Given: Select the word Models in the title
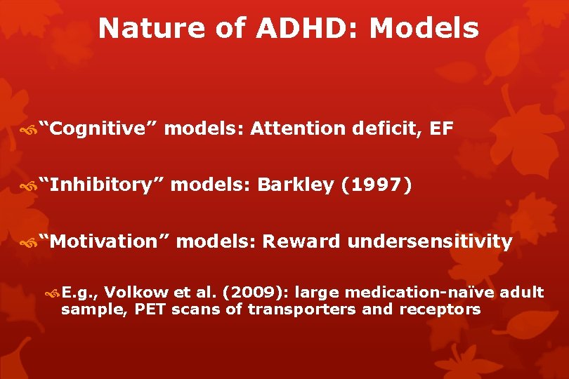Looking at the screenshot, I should (424, 29).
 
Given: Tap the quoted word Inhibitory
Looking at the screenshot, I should (101, 185).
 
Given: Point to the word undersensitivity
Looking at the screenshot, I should (430, 241).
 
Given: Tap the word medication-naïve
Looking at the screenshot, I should (417, 292).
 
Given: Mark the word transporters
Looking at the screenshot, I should (302, 310).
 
